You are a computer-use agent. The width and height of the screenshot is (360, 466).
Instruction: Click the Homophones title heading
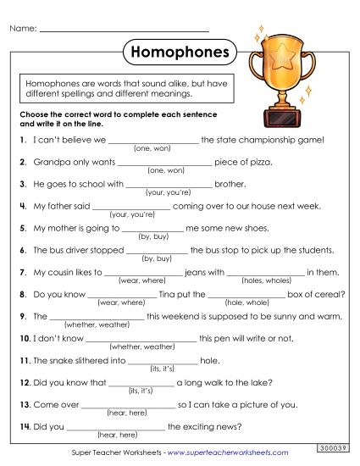pyautogui.click(x=180, y=53)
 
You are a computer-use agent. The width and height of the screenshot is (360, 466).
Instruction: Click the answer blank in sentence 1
pyautogui.click(x=153, y=140)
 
